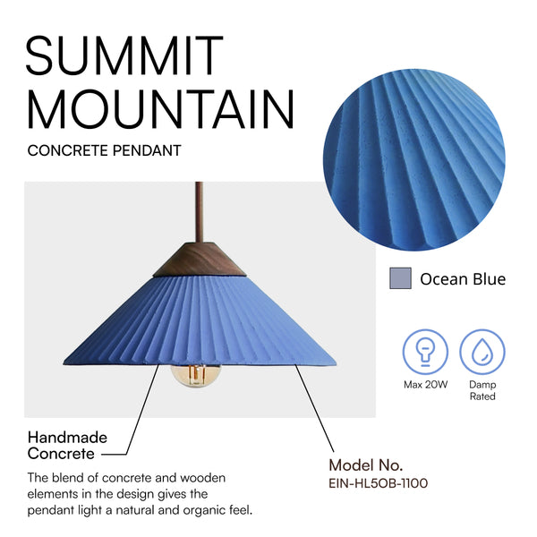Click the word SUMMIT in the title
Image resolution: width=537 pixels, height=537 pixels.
point(124,55)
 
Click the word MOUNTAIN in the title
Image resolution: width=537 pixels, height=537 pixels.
point(160,109)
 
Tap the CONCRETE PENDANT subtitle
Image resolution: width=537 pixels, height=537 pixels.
point(104,150)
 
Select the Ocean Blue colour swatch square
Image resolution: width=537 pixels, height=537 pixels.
point(400,278)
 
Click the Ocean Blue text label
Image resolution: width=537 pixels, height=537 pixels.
point(463,278)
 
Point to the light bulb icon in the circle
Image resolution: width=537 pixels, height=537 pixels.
point(425,352)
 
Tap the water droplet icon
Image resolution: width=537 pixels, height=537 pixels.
point(482,352)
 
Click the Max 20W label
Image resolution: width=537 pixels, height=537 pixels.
point(425,385)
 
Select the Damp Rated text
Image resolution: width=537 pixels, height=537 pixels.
point(482,390)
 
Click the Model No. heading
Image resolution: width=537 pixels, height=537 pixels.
point(365,465)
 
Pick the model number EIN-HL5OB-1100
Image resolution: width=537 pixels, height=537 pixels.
point(378,483)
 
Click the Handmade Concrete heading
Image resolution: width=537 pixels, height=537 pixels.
point(67,446)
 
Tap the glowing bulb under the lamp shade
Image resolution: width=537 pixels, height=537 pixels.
point(196,376)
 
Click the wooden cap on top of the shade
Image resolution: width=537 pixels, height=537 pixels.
point(200,260)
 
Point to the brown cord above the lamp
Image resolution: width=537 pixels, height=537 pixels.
point(199,212)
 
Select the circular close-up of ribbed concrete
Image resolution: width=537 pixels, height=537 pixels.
point(413,160)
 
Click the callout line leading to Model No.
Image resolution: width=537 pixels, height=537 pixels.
point(314,408)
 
